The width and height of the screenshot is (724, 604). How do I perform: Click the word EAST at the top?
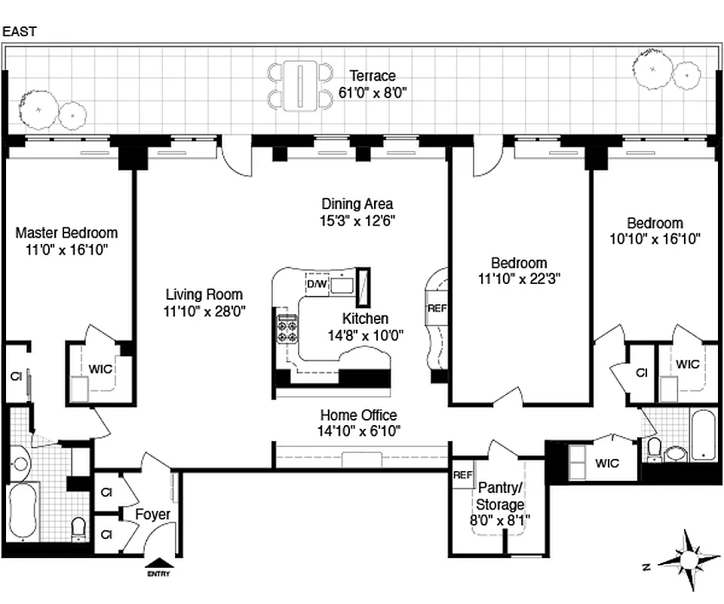(x=20, y=32)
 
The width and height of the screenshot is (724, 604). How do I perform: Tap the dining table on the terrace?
(x=300, y=85)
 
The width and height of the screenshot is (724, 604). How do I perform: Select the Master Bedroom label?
(x=66, y=233)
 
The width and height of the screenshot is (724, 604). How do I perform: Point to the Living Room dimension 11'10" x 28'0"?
(x=204, y=310)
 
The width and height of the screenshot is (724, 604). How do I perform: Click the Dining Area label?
(x=357, y=204)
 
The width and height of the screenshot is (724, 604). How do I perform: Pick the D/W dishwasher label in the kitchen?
(x=316, y=284)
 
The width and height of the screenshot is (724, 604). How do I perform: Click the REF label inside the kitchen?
(x=437, y=308)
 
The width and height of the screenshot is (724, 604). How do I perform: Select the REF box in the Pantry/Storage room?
(x=462, y=476)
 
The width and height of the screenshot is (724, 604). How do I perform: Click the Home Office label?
(x=358, y=415)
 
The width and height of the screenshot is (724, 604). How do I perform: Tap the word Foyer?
(x=152, y=514)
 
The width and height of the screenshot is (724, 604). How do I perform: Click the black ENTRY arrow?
(x=158, y=562)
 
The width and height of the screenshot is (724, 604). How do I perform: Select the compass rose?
(x=688, y=560)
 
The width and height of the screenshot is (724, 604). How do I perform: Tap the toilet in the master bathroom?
(x=78, y=526)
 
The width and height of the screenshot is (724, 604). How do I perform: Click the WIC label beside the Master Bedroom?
(x=100, y=369)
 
